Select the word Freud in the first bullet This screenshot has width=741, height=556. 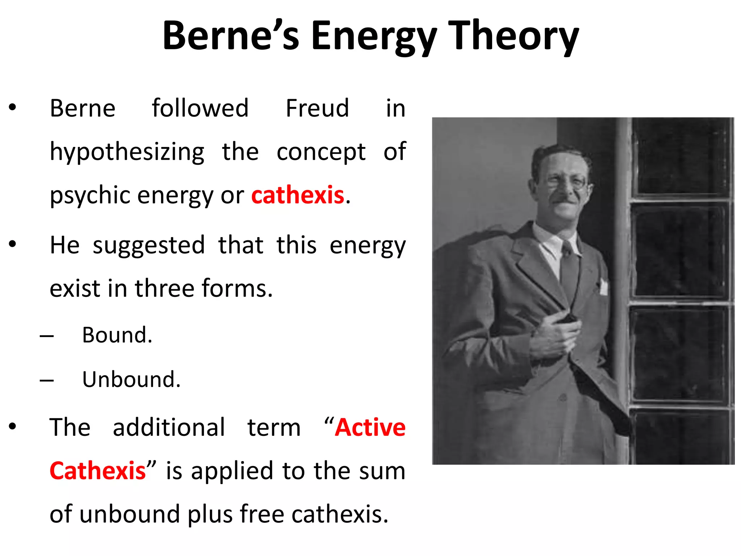click(x=317, y=108)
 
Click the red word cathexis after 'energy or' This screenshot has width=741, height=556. click(x=297, y=195)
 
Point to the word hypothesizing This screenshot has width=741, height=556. click(x=127, y=152)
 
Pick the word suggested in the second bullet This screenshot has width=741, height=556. click(x=148, y=245)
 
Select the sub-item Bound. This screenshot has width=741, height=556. click(x=117, y=335)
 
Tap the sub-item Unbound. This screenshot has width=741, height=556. click(x=131, y=379)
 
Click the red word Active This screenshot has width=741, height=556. click(x=370, y=427)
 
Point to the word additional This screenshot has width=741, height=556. click(x=169, y=427)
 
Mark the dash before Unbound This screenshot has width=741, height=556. click(x=47, y=380)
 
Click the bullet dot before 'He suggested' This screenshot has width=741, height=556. click(x=13, y=244)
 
